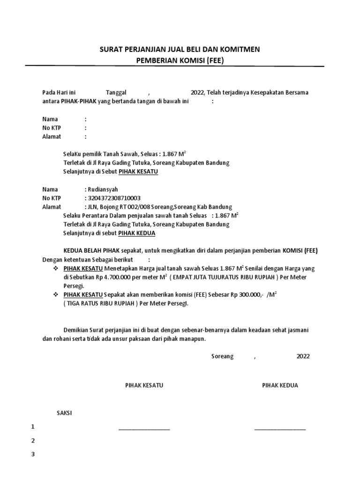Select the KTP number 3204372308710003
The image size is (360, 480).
pyautogui.click(x=113, y=198)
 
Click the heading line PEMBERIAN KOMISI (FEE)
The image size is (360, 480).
pyautogui.click(x=180, y=60)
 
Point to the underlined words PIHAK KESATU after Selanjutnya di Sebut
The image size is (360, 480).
pyautogui.click(x=138, y=172)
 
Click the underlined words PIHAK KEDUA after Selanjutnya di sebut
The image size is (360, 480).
pyautogui.click(x=137, y=233)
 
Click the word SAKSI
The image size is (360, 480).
pyautogui.click(x=64, y=413)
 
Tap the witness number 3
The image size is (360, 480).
pyautogui.click(x=33, y=454)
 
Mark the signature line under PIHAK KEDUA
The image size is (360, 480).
pyautogui.click(x=280, y=429)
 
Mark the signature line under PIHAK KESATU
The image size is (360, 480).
pyautogui.click(x=144, y=429)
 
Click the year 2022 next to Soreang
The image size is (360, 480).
pyautogui.click(x=303, y=356)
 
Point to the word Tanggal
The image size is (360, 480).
pyautogui.click(x=117, y=92)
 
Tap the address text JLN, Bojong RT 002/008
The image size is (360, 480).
pyautogui.click(x=118, y=207)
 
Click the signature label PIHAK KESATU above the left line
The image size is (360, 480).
pyautogui.click(x=144, y=385)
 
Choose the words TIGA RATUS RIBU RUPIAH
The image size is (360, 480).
pyautogui.click(x=100, y=303)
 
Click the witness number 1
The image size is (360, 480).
pyautogui.click(x=33, y=427)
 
